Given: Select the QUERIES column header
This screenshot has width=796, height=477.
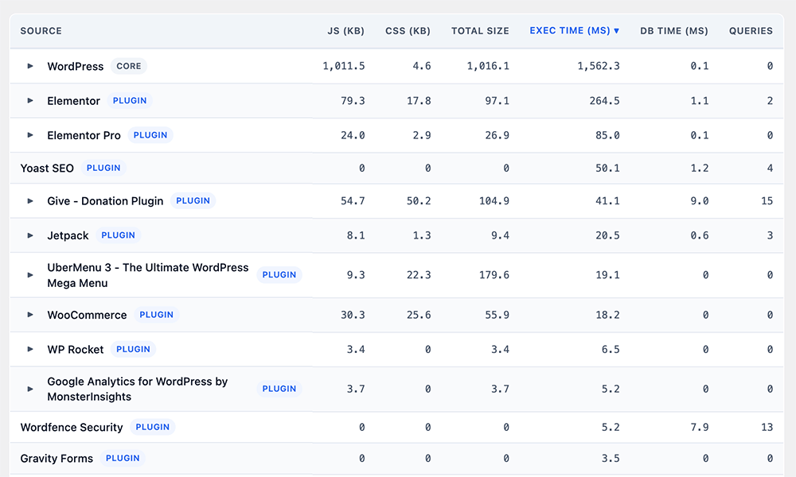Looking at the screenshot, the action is [x=751, y=31].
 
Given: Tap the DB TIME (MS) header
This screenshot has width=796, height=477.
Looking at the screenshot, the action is [x=673, y=31].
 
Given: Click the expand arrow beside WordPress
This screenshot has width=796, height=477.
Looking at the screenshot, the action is [x=30, y=66].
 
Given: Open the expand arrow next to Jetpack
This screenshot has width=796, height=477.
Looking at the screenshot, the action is [x=30, y=235].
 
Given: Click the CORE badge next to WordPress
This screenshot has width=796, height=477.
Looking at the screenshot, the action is [x=129, y=66].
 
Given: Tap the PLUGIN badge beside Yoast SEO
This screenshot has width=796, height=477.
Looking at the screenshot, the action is [x=103, y=168].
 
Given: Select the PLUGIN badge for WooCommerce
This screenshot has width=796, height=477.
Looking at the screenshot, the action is [x=156, y=315].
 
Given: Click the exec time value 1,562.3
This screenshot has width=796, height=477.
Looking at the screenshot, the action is [x=599, y=66].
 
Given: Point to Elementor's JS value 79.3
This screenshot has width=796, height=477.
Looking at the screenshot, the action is [x=353, y=101].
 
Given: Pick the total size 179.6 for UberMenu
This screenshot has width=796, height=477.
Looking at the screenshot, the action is [x=494, y=275].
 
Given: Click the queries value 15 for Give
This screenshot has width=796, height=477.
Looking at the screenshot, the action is [x=767, y=201].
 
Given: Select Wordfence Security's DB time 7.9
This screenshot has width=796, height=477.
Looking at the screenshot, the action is [x=700, y=428].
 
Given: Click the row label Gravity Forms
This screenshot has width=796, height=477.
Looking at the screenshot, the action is [x=57, y=459].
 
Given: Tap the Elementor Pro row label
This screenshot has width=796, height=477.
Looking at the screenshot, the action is [x=84, y=135].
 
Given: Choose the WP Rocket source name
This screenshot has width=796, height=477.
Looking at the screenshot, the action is [x=75, y=350].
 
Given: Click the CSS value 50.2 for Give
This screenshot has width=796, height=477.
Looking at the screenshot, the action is [x=419, y=201].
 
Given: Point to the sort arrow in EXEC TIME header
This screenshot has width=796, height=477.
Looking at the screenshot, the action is [x=616, y=31].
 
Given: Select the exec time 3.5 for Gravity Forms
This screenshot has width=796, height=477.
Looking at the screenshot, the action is [x=611, y=459].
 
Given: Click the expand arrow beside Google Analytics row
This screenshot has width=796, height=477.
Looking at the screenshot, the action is [x=30, y=389].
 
